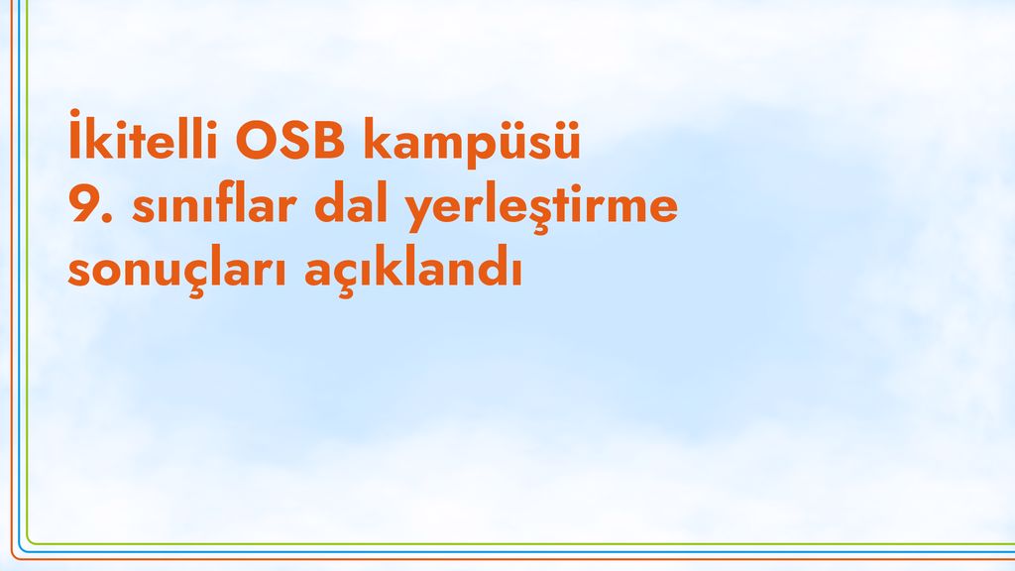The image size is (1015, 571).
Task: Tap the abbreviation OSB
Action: pos(289,139)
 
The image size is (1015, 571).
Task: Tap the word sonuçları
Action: pos(177,270)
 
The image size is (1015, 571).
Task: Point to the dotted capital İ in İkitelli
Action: pos(75,135)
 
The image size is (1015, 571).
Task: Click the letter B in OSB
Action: pos(329,139)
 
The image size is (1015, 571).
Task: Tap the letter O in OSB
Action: pos(256,139)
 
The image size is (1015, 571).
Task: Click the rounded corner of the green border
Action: pos(30,540)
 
